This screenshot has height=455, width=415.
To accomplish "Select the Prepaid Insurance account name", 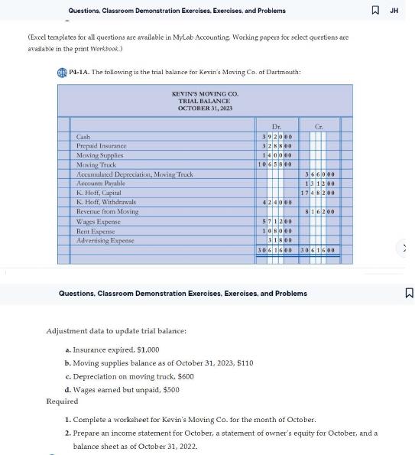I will click(x=99, y=145).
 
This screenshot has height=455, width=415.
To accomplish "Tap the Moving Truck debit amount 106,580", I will click(x=274, y=164).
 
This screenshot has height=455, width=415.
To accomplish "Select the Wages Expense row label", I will click(x=96, y=221).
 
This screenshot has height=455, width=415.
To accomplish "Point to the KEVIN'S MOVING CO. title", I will click(x=205, y=94).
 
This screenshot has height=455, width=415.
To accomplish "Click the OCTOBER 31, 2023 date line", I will click(x=204, y=108).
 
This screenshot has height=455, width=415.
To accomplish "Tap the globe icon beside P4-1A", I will click(x=61, y=72).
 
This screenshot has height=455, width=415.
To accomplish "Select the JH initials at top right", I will click(x=394, y=10).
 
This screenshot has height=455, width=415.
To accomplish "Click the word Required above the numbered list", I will click(x=62, y=401).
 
